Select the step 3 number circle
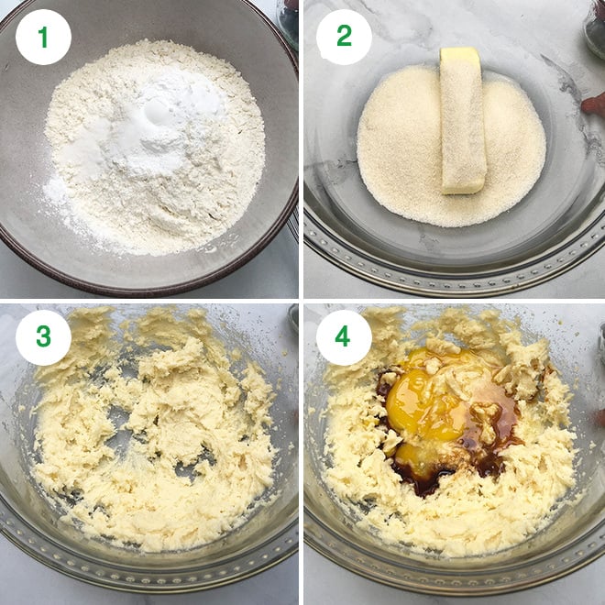click(43, 336)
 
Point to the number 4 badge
click(344, 336)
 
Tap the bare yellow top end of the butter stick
click(459, 56)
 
